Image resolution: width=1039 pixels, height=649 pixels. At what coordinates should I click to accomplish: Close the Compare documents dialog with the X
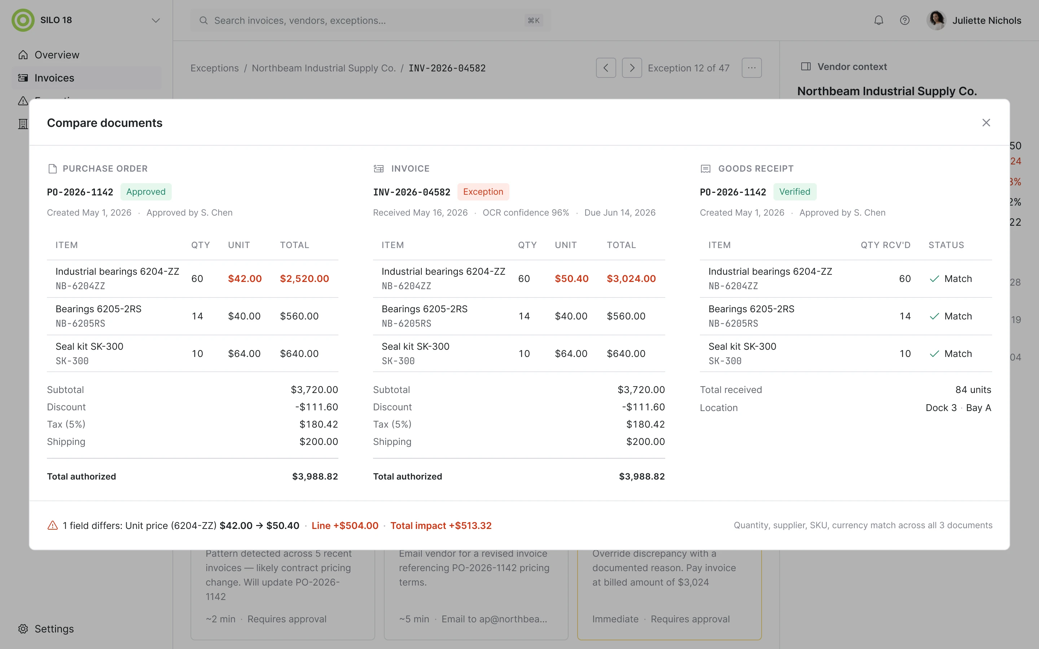click(986, 123)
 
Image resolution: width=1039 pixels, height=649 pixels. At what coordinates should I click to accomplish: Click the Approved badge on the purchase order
click(146, 192)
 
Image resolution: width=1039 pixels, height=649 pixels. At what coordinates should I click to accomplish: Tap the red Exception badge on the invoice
click(483, 192)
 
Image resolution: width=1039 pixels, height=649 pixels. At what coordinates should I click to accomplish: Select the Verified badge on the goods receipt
click(795, 192)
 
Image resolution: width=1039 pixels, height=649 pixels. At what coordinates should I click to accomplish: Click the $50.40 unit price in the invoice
click(571, 279)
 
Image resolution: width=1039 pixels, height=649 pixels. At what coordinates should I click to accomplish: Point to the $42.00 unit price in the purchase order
click(245, 279)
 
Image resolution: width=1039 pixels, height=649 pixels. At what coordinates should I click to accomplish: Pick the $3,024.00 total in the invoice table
click(631, 279)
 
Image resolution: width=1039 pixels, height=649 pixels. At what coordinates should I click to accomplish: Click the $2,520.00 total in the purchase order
click(304, 279)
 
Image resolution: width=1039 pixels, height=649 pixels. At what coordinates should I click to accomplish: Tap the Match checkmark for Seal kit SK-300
click(934, 354)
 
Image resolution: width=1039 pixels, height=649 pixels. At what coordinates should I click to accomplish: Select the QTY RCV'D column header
click(885, 245)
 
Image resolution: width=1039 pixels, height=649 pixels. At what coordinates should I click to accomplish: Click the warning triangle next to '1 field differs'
click(52, 525)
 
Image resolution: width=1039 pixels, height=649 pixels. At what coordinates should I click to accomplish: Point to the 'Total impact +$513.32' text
click(441, 525)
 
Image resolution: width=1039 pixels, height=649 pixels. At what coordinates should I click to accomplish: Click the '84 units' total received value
click(973, 390)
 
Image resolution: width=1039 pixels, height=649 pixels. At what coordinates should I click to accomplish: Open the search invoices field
click(371, 20)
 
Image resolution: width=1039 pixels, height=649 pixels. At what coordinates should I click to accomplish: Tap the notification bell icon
click(878, 20)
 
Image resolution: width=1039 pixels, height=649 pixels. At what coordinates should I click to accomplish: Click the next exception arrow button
click(632, 68)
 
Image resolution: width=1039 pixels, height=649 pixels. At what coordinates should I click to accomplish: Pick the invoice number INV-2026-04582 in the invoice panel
click(412, 192)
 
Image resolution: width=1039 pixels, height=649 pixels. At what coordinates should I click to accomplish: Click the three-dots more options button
click(751, 68)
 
